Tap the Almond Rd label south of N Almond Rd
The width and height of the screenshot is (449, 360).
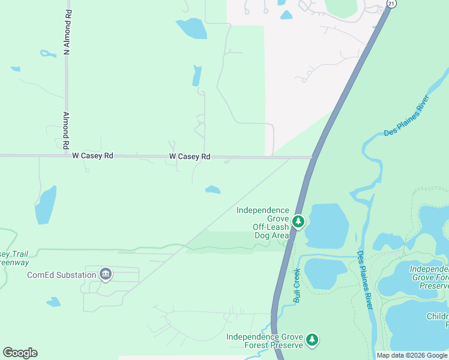(x=66, y=130)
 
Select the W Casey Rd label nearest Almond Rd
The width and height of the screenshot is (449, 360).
(x=92, y=155)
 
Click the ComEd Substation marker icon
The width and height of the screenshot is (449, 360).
(x=106, y=275)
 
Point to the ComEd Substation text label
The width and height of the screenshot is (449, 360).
(x=61, y=275)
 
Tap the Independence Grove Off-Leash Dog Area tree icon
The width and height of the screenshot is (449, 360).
(x=298, y=222)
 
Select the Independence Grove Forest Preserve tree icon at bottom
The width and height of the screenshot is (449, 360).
(x=312, y=340)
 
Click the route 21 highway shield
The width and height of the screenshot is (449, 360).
(x=391, y=4)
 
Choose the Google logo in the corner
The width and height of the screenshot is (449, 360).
(x=20, y=353)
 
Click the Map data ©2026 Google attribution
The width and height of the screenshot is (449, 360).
(x=412, y=355)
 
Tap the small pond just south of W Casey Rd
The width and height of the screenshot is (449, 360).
(x=212, y=190)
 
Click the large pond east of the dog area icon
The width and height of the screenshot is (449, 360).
(x=326, y=225)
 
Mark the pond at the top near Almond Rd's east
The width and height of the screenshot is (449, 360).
(x=191, y=28)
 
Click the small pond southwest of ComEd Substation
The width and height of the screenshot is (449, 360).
(x=53, y=302)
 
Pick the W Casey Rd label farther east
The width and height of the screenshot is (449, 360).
(x=190, y=157)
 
